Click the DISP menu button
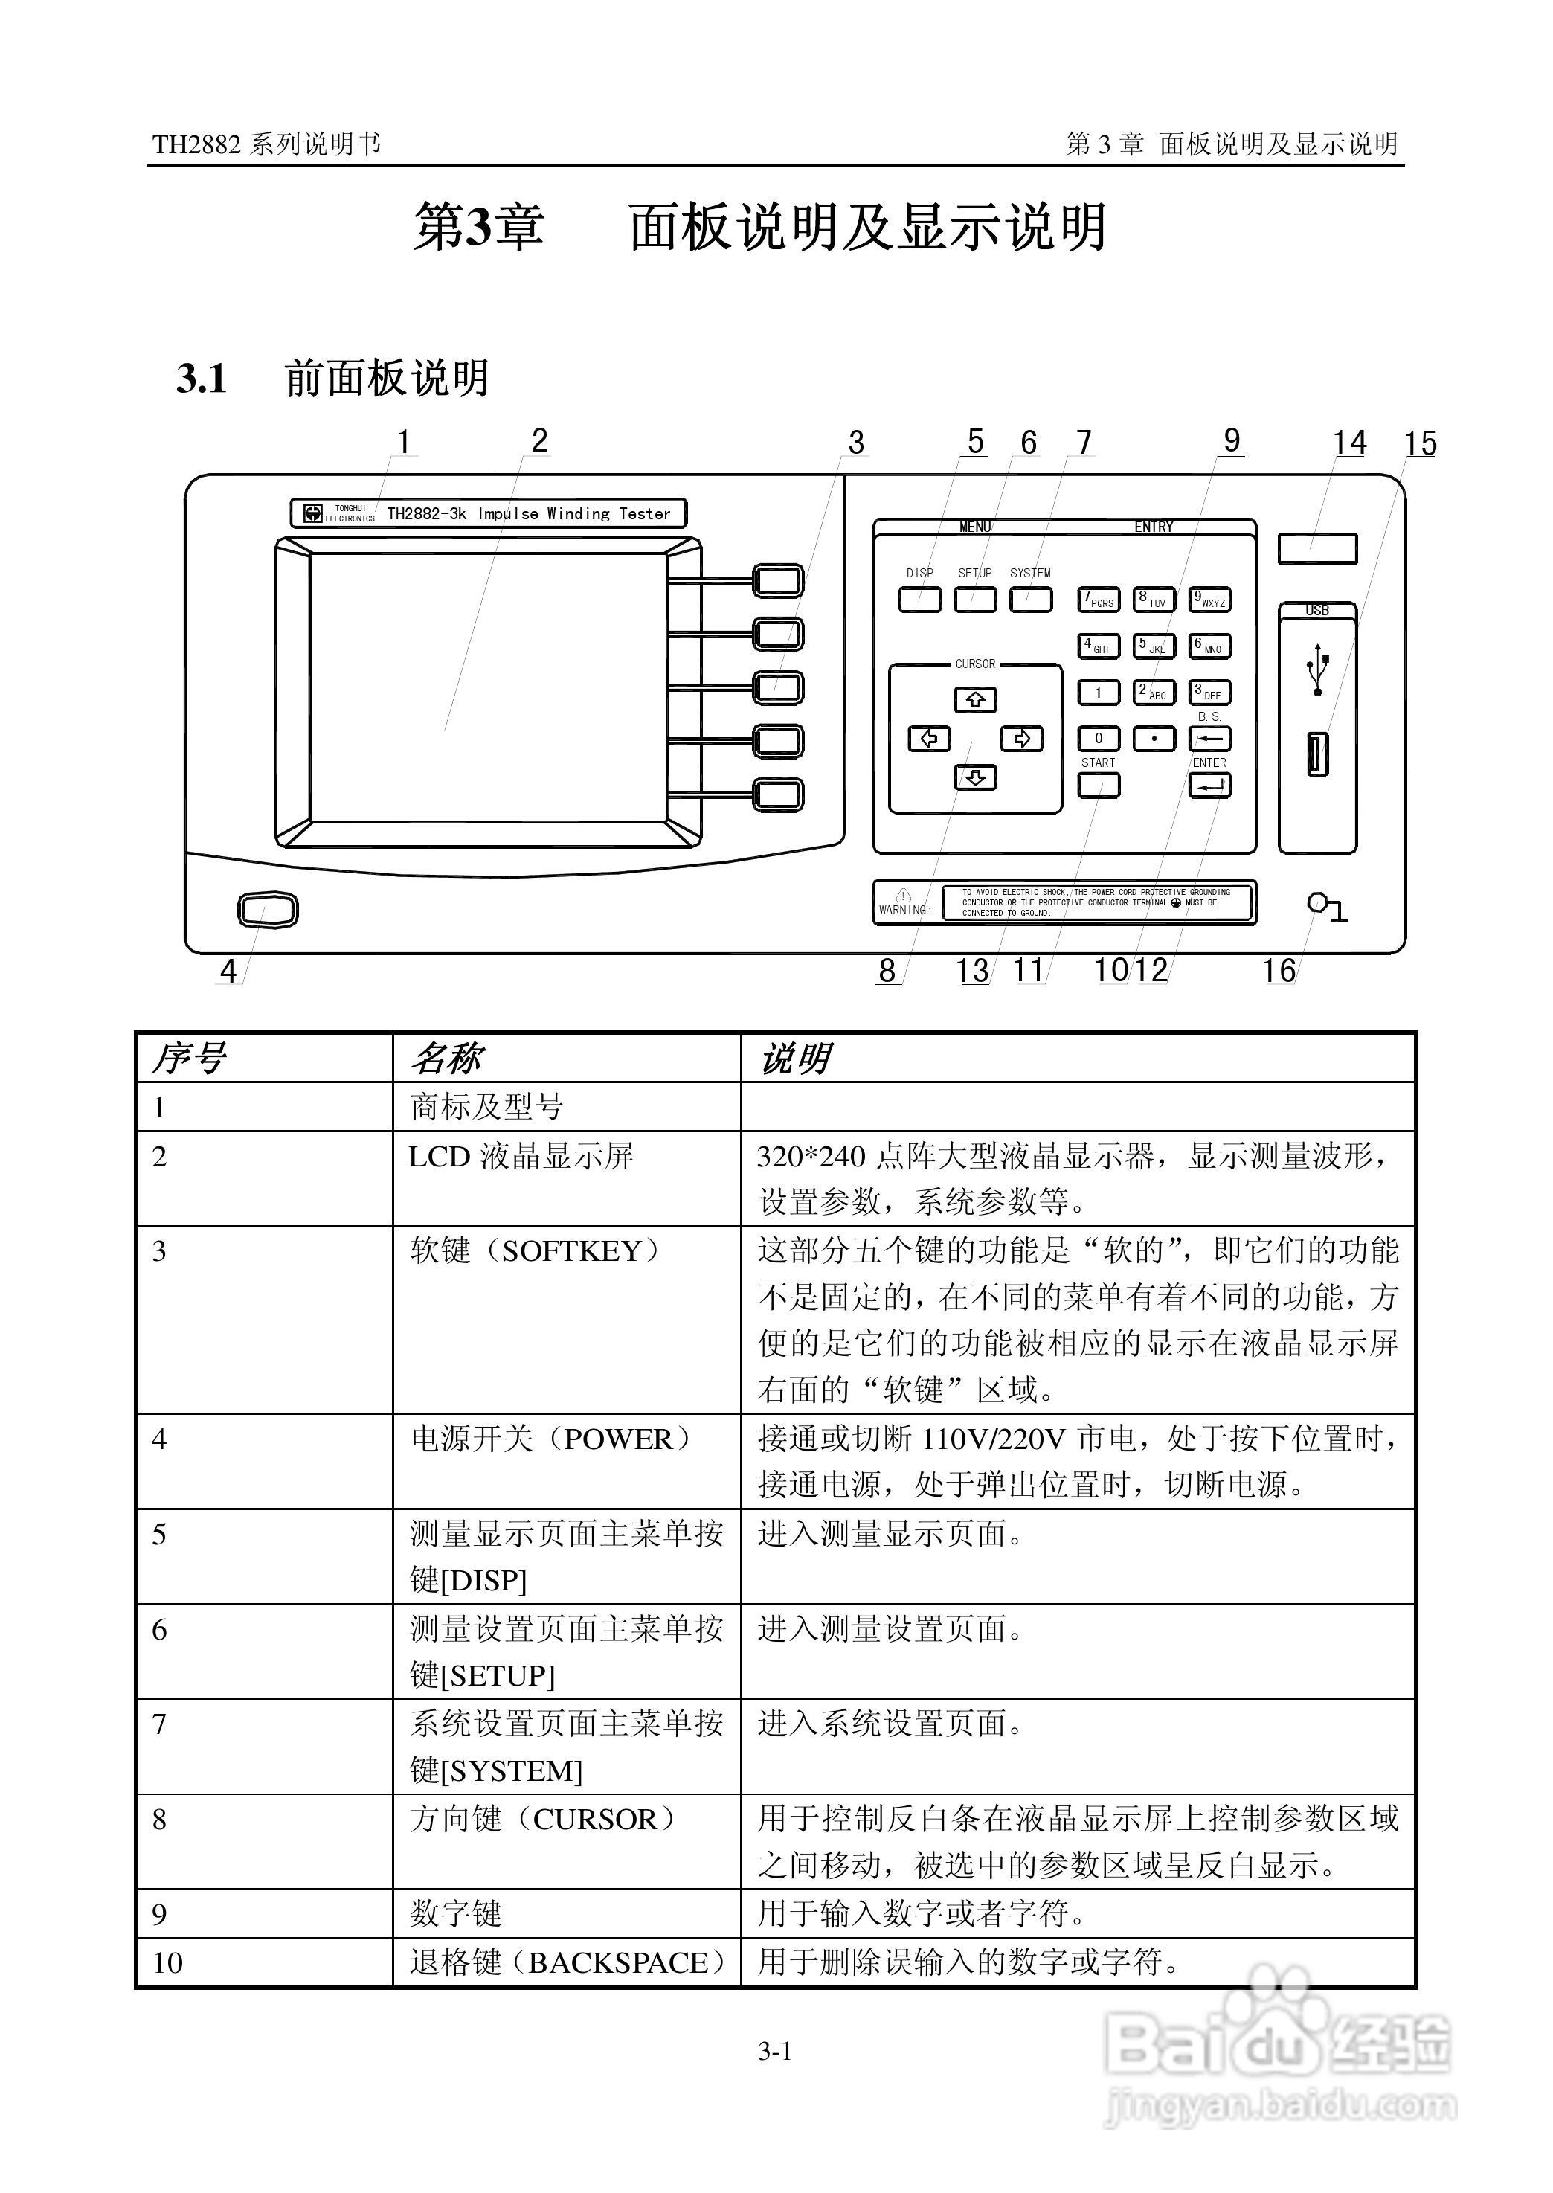[x=920, y=600]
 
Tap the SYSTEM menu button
[x=1031, y=600]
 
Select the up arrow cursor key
[x=975, y=700]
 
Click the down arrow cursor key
[x=975, y=777]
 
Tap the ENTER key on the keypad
[x=1209, y=786]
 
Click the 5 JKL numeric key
[x=1154, y=646]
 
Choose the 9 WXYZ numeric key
[x=1209, y=600]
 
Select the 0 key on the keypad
[x=1099, y=739]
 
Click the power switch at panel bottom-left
[x=268, y=910]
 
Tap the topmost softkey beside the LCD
[x=779, y=580]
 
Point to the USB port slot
[x=1318, y=753]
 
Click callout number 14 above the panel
[x=1349, y=443]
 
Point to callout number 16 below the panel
[x=1279, y=971]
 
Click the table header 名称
[x=446, y=1059]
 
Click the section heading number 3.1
[x=202, y=379]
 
